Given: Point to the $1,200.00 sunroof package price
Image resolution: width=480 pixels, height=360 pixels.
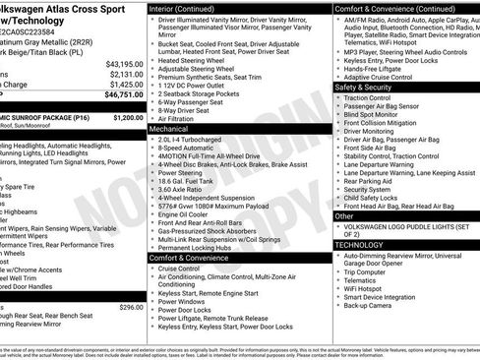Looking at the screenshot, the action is [127, 117].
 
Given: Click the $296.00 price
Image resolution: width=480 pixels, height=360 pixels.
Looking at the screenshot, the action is [130, 307].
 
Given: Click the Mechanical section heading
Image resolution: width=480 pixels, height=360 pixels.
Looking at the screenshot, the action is [169, 128].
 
